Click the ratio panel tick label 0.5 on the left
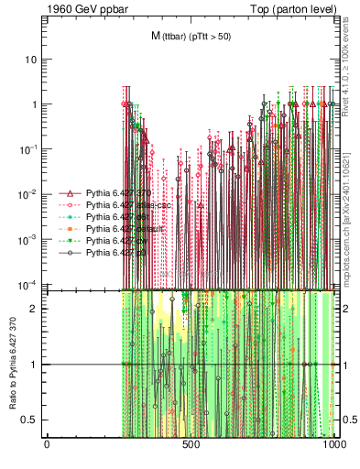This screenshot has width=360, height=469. coord(31,420)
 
